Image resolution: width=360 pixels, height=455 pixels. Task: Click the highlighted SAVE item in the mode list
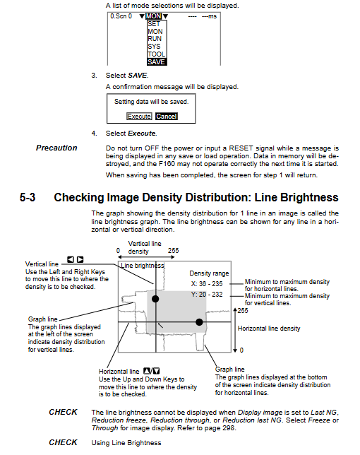coord(157,61)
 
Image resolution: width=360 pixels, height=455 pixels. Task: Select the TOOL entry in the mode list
coord(157,54)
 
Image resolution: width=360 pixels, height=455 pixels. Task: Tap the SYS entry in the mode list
coord(154,47)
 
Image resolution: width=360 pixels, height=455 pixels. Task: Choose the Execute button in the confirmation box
coord(139,117)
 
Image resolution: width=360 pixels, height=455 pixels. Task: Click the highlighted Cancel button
coord(167,117)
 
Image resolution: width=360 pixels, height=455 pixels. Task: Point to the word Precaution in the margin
coord(56,148)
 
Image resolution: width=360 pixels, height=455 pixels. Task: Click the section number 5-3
coord(28,197)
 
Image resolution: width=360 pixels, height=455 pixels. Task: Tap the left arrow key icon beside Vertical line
coord(71,259)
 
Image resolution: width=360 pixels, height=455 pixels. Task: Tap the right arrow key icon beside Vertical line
coord(80,259)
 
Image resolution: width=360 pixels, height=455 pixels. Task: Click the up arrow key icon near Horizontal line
coord(147,371)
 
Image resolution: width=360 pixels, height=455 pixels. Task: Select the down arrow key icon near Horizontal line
coord(156,371)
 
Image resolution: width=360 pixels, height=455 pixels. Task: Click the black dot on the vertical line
coord(155,299)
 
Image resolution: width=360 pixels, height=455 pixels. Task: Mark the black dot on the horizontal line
coord(199,321)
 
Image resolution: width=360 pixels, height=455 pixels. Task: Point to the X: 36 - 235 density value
coord(207,284)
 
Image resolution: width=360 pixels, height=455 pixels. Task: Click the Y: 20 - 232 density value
coord(207,295)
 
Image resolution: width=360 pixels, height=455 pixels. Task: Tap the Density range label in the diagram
coord(209,273)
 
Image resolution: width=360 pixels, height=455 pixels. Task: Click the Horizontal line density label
coord(269,329)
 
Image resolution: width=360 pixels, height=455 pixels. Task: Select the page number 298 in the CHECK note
coord(228,428)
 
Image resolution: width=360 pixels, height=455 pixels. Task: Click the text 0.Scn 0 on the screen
coord(121,16)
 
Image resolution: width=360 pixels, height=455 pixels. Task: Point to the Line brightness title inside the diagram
coord(143,266)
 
